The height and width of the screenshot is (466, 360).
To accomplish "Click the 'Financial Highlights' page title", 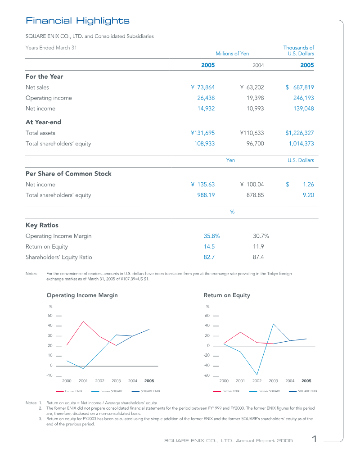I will click(x=77, y=21).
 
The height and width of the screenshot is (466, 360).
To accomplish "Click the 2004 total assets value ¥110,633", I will click(x=252, y=133).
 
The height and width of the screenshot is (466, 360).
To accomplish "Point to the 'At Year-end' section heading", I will click(x=43, y=122).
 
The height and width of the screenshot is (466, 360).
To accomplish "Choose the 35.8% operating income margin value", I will click(x=211, y=236).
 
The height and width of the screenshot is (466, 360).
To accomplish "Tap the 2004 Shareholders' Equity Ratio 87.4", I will click(x=259, y=257).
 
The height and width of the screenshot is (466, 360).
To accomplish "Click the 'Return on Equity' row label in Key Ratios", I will click(x=47, y=247).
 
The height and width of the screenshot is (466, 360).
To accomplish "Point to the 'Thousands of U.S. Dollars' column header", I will click(x=298, y=50).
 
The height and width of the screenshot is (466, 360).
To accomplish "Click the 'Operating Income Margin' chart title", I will click(x=82, y=295).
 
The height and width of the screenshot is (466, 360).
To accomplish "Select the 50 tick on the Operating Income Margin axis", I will click(x=50, y=316).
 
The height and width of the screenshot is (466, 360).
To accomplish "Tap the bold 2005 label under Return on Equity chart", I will click(x=306, y=381).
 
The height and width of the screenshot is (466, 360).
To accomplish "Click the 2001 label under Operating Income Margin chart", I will click(x=83, y=381).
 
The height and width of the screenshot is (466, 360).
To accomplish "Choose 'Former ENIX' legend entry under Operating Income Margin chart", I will click(x=73, y=391).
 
